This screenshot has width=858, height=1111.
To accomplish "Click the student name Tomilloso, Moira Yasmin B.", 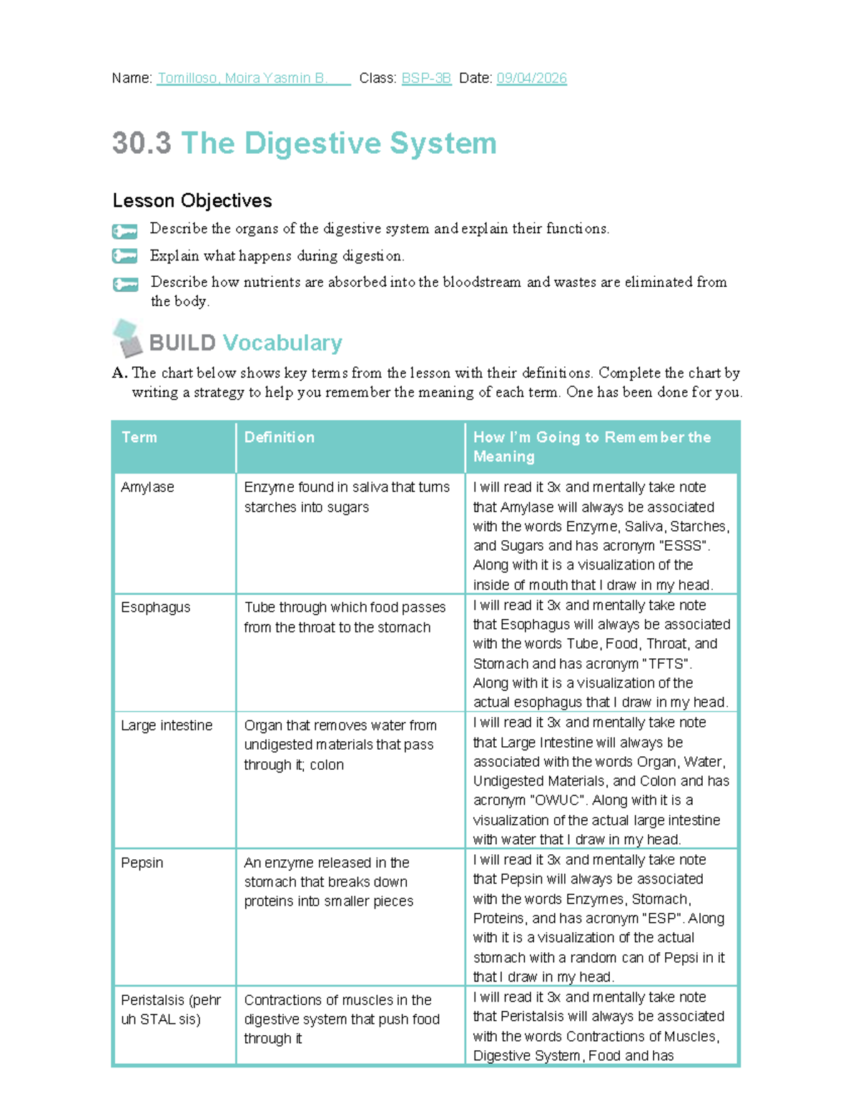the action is [242, 78].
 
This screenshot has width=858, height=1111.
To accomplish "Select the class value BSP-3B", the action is [426, 78].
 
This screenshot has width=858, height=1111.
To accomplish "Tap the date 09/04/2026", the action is [531, 78].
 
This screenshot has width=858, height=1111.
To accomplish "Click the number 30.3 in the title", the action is [142, 142].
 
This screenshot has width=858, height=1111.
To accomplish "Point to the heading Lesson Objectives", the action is [192, 200].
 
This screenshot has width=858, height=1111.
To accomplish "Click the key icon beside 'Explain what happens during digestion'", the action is [124, 255].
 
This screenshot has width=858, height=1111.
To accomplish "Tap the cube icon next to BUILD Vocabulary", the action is [127, 338].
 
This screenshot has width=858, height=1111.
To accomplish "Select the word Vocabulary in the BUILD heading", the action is [282, 343].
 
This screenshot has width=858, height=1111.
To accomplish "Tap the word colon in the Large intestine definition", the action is [327, 765].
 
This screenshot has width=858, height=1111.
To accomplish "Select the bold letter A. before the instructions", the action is [119, 373].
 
